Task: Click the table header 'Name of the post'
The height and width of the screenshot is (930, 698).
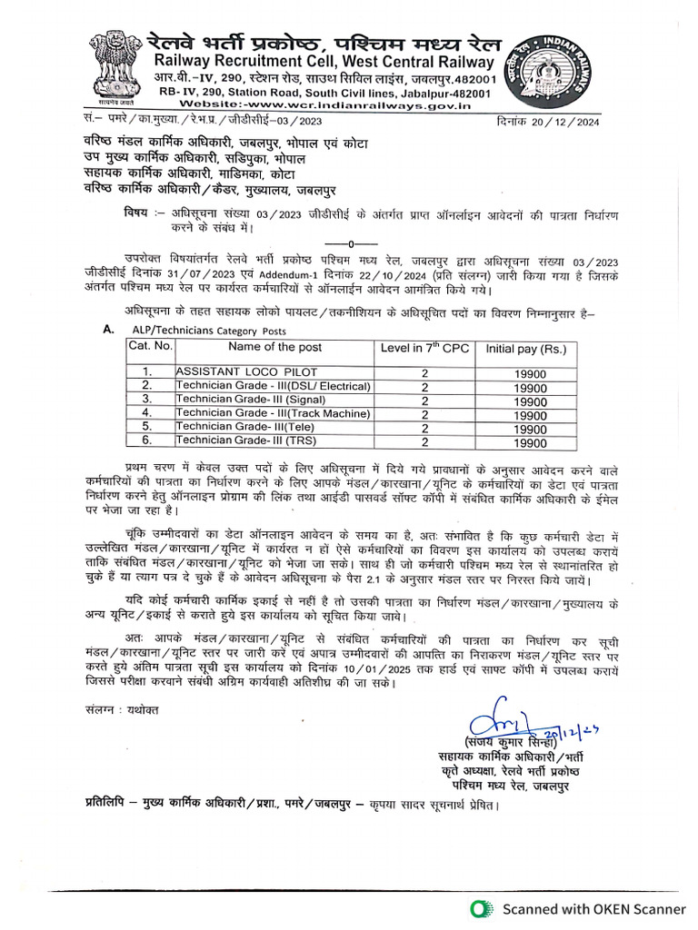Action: (x=274, y=347)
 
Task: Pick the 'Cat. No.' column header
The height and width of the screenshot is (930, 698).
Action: (x=150, y=347)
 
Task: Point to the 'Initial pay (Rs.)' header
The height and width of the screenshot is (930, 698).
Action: (x=526, y=348)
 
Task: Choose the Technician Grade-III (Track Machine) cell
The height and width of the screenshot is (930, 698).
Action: (x=274, y=413)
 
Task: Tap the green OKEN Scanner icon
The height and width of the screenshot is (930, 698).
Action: (x=480, y=909)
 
